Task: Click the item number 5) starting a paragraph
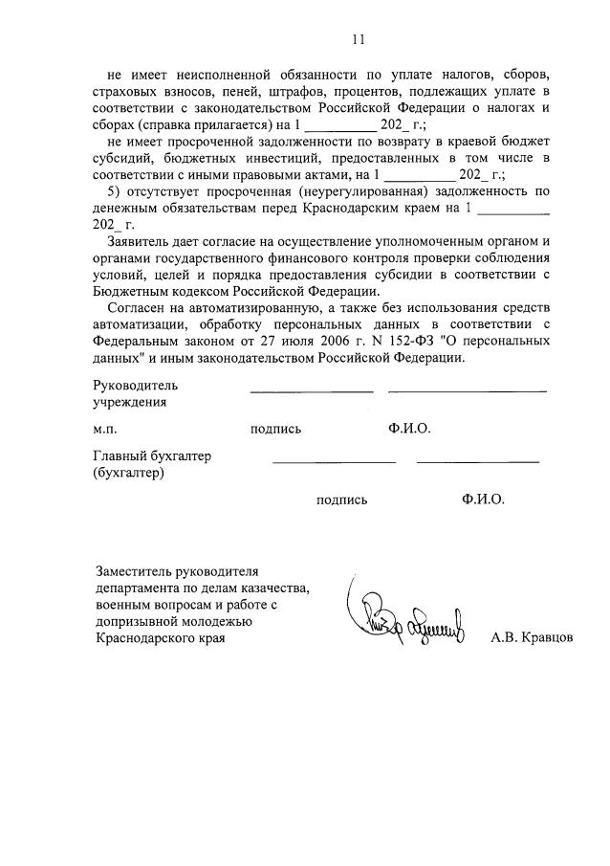119,191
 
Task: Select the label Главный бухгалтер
151,456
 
